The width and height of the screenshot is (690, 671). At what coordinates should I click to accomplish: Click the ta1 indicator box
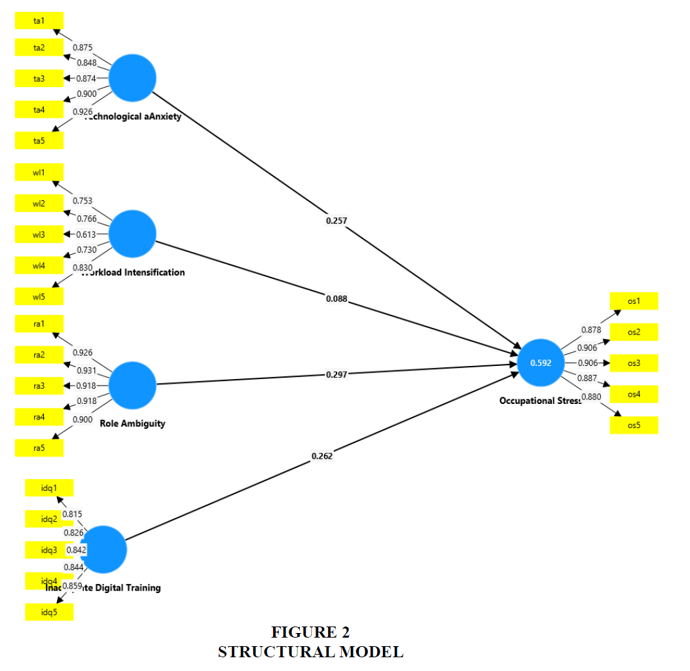click(x=39, y=20)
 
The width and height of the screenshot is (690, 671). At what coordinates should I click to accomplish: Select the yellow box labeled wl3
click(x=39, y=234)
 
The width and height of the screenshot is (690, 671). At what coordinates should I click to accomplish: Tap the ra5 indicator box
click(x=39, y=448)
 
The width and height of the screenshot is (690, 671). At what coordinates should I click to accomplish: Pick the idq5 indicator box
click(x=49, y=612)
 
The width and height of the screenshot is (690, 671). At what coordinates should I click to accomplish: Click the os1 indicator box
click(x=633, y=301)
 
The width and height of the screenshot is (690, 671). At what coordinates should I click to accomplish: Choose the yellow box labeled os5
click(x=633, y=425)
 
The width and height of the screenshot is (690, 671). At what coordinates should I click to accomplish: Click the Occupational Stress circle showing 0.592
click(x=540, y=363)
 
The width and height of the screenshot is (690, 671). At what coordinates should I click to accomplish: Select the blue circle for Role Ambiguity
click(x=132, y=385)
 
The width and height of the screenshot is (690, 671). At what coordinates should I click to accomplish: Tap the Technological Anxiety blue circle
click(x=132, y=79)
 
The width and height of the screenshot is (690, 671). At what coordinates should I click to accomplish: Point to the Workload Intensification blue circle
click(x=132, y=234)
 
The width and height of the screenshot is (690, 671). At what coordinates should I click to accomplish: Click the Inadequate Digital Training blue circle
click(x=103, y=550)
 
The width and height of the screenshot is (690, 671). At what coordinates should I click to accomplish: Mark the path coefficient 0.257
click(x=336, y=221)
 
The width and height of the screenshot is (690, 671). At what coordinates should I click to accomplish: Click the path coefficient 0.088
click(x=336, y=299)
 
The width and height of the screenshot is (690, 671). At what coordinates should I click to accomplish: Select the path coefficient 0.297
click(x=336, y=374)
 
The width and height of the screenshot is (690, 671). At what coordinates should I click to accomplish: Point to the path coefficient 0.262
click(x=321, y=456)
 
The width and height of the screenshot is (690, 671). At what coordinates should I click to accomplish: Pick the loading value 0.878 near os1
click(x=591, y=330)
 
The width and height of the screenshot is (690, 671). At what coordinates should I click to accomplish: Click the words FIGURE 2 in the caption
click(x=310, y=632)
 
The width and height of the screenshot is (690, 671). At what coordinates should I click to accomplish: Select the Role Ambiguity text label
click(x=132, y=424)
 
